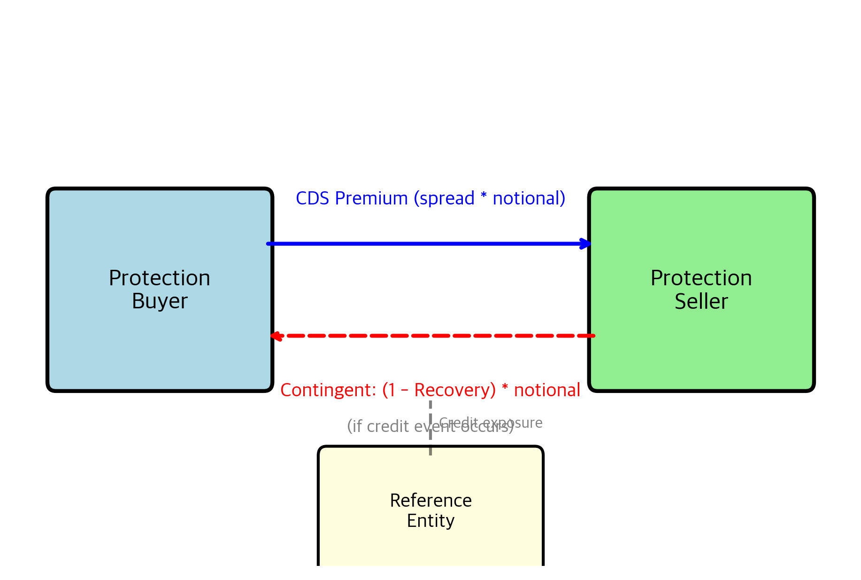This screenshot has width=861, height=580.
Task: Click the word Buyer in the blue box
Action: pyautogui.click(x=160, y=301)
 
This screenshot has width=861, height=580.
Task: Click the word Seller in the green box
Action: pyautogui.click(x=701, y=301)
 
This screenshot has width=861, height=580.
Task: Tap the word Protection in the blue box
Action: pyautogui.click(x=160, y=278)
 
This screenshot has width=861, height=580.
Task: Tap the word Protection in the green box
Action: pyautogui.click(x=701, y=278)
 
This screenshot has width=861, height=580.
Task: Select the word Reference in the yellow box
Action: pyautogui.click(x=430, y=501)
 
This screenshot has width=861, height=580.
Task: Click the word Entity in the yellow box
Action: pyautogui.click(x=430, y=521)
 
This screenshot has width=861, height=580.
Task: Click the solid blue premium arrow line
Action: pyautogui.click(x=423, y=243)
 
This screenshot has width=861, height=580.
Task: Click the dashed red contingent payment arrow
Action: pyautogui.click(x=432, y=336)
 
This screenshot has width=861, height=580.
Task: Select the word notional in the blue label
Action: pyautogui.click(x=526, y=198)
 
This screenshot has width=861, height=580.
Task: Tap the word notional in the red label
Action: pyautogui.click(x=547, y=391)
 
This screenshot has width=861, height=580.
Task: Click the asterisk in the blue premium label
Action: pyautogui.click(x=484, y=196)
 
